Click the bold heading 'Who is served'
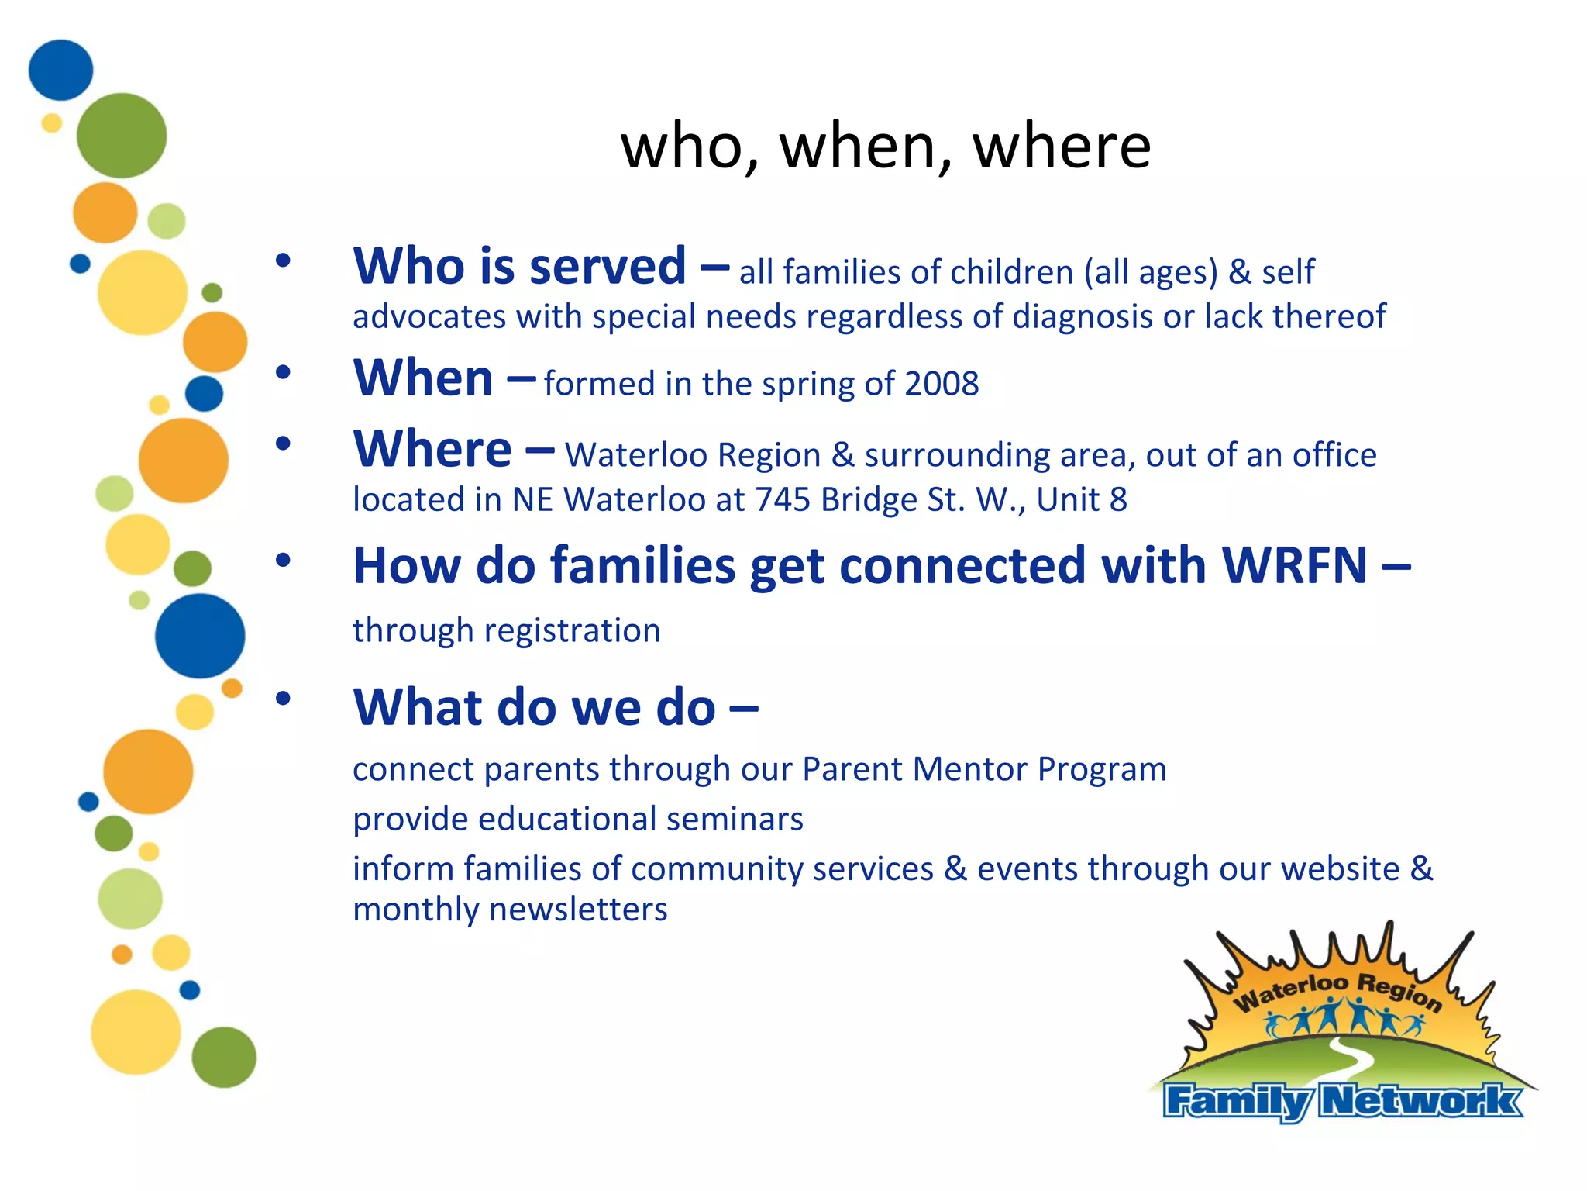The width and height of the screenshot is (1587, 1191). tap(519, 266)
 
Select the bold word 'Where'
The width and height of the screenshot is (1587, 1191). tap(432, 449)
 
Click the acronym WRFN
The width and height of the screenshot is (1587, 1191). tap(1295, 565)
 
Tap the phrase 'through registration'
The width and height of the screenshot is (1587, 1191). tap(506, 630)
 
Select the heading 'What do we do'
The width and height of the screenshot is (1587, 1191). tap(534, 707)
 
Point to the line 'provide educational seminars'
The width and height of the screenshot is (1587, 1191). tap(578, 819)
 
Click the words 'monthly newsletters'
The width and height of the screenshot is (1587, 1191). tap(510, 910)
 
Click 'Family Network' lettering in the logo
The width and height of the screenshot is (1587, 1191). tap(1341, 1101)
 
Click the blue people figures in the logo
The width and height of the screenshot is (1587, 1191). tap(1344, 1018)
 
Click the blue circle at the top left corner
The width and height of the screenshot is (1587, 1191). tap(60, 70)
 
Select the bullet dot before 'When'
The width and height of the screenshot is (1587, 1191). tap(283, 373)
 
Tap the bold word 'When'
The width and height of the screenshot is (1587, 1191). tap(423, 378)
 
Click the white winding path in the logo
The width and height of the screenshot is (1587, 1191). tap(1349, 1059)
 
